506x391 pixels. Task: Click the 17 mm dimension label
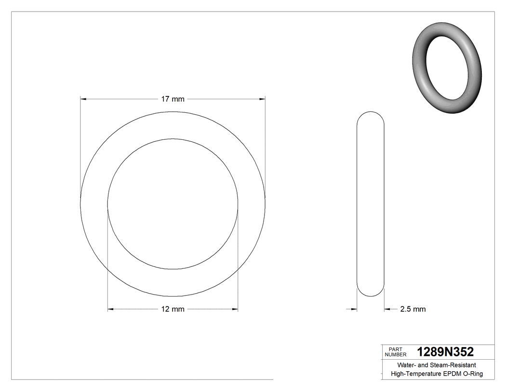(173, 99)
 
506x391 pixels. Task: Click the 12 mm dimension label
(173, 309)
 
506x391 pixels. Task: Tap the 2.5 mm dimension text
(413, 309)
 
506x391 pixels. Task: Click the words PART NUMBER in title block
(396, 352)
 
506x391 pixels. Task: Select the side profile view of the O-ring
(371, 204)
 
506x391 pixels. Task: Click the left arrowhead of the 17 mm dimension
(83, 99)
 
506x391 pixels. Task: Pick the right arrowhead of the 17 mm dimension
(262, 99)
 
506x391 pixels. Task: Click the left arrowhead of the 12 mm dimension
(110, 309)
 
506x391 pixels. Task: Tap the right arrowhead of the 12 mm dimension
(235, 309)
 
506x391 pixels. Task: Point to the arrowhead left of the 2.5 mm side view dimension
(354, 309)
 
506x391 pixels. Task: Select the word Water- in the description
(406, 365)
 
